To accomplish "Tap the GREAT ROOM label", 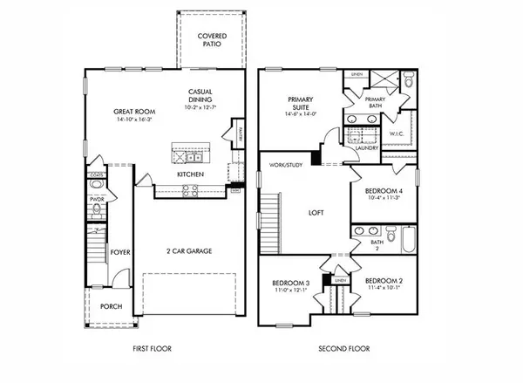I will pyautogui.click(x=133, y=112).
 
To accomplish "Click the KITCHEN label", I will pyautogui.click(x=191, y=174).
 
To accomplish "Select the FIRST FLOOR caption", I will pyautogui.click(x=152, y=348).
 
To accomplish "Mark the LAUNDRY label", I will pyautogui.click(x=367, y=148).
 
